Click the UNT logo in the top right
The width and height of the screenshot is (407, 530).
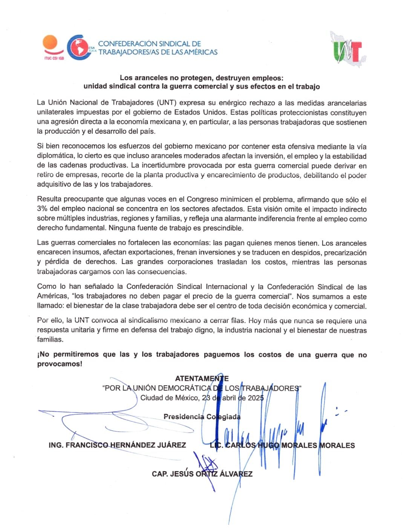point(347,50)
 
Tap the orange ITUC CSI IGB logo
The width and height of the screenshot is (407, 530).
point(51,47)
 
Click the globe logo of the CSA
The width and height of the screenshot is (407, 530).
point(78,48)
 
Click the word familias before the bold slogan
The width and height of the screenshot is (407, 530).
point(50,339)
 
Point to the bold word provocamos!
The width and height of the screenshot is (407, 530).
point(60,364)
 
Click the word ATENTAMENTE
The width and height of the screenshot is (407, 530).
point(202,379)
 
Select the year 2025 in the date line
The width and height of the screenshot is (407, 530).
point(255,398)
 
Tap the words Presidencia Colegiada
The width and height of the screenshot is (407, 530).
point(202,417)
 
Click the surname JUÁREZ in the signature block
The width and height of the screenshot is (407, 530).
point(171,445)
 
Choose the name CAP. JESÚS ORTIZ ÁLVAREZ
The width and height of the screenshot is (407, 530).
point(202,474)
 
